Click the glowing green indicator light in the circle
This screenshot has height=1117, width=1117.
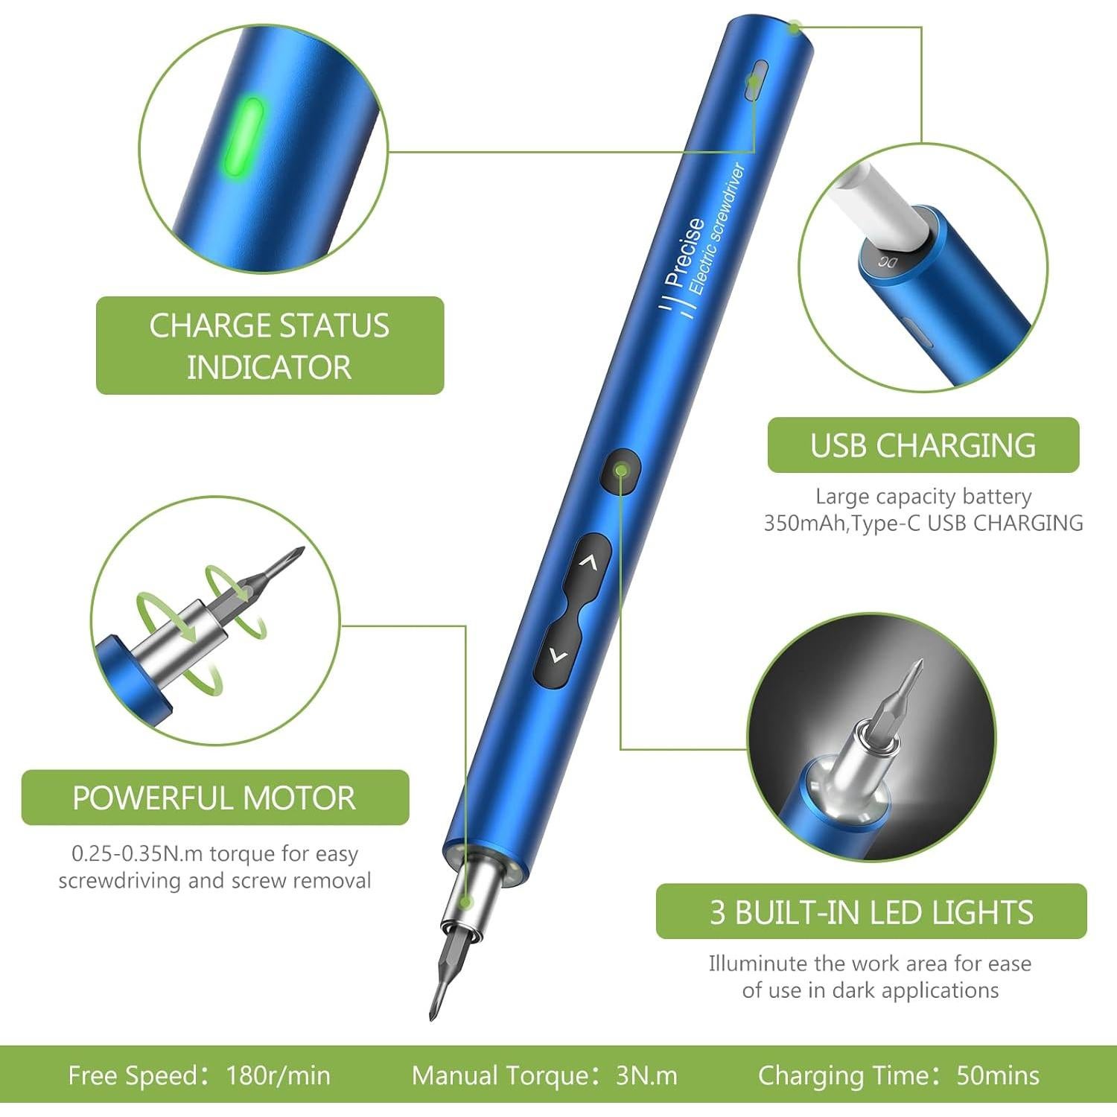[244, 138]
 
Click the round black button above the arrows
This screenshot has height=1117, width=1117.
[620, 471]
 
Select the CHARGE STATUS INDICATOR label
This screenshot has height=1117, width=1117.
[270, 346]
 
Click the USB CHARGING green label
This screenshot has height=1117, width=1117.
[923, 445]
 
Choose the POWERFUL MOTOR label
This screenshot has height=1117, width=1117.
[214, 798]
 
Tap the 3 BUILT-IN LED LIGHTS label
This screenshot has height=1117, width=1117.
[871, 911]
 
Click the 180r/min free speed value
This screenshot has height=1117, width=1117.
[278, 1076]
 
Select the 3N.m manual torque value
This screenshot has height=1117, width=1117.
[646, 1076]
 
